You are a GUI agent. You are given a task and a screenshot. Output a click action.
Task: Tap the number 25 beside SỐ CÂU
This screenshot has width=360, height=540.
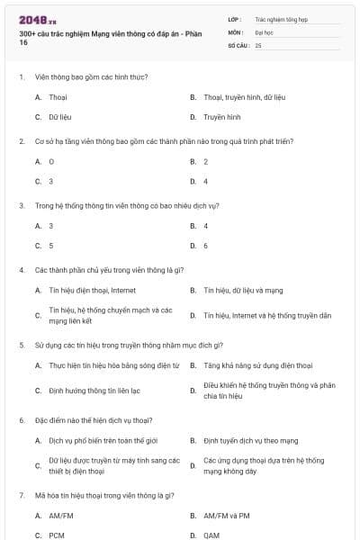pyautogui.click(x=258, y=44)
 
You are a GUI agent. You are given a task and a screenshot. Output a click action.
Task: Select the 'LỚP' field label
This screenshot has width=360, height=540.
pyautogui.click(x=235, y=18)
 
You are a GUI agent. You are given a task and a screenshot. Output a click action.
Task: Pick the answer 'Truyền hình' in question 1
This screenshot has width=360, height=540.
pyautogui.click(x=221, y=117)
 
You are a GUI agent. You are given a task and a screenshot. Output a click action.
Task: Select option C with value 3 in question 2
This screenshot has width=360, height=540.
pyautogui.click(x=50, y=181)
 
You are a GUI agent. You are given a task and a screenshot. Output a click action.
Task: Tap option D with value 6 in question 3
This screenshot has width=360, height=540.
pyautogui.click(x=205, y=245)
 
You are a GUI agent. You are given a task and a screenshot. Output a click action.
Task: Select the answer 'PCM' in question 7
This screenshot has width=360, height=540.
pyautogui.click(x=56, y=535)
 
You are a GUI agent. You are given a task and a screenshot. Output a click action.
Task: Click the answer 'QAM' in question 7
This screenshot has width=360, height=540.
pyautogui.click(x=211, y=535)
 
